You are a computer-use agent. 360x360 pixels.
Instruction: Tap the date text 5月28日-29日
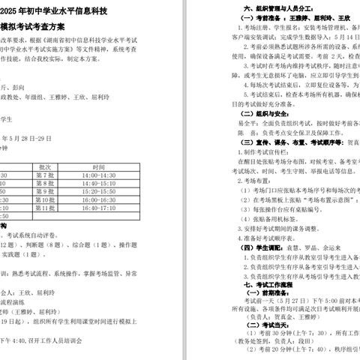27,139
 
